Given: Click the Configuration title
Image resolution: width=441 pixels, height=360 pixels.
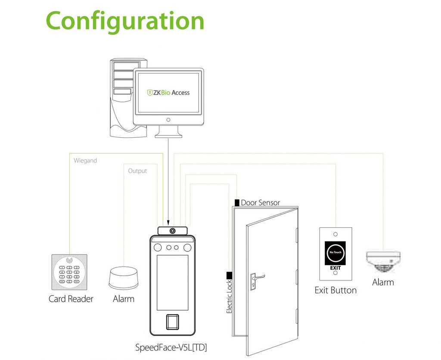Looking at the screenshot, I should point(125,21).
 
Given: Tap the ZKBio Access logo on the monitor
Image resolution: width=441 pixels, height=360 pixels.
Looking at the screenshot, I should point(168,92).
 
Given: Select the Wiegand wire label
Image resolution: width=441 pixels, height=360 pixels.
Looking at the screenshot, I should point(85,161).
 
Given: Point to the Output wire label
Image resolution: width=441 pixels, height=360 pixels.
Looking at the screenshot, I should point(137,171).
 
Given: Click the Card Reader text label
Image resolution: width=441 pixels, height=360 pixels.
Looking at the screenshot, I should point(71,299).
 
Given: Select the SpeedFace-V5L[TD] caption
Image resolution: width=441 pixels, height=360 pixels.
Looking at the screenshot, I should point(174,347).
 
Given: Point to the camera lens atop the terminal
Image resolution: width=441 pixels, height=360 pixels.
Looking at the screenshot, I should point(173,231).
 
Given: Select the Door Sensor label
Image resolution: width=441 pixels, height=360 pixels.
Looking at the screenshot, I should point(260,202).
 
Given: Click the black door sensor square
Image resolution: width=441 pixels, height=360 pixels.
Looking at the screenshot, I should point(237,202).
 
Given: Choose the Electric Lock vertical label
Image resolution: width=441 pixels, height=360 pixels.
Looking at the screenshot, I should point(229,297).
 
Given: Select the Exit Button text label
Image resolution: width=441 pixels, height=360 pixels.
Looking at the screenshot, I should point(335,290).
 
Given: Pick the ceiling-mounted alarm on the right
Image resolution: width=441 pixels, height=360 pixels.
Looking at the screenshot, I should point(383,261).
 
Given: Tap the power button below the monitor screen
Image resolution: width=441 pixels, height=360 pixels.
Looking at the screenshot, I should point(168,119).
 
